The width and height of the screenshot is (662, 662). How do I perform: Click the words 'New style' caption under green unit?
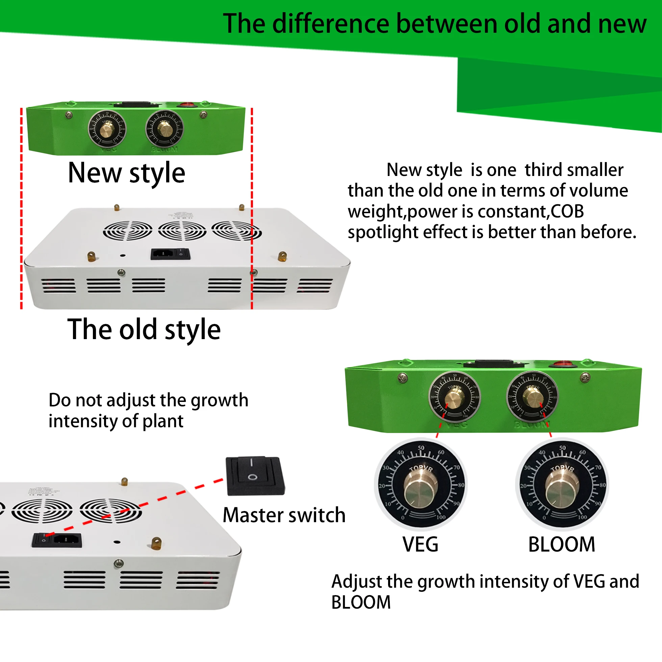(x=126, y=173)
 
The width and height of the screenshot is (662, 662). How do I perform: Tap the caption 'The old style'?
(x=144, y=329)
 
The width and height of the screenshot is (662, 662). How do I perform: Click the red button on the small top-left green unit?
(x=186, y=104)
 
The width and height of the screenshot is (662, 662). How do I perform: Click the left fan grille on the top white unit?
(x=127, y=230)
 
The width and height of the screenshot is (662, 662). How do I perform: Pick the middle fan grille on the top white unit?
(x=182, y=230)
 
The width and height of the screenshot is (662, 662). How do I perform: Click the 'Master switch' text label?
(x=284, y=515)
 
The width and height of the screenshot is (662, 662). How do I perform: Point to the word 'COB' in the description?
(x=567, y=211)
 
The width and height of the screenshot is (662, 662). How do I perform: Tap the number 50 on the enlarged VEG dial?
(x=421, y=448)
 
